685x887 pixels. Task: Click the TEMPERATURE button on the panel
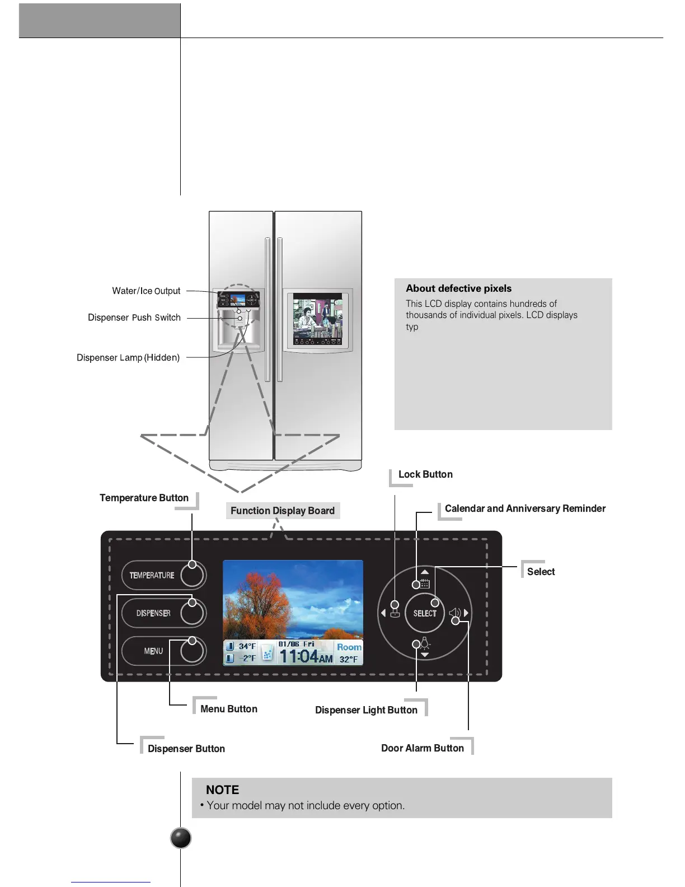coord(163,575)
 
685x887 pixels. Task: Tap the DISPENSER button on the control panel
coord(163,613)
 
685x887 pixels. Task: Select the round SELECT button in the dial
coord(425,613)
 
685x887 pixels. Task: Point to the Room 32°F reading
coord(349,653)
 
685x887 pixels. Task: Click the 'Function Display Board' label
coord(283,511)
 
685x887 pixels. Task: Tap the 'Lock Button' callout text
coord(425,474)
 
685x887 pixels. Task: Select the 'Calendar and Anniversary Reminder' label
coord(525,508)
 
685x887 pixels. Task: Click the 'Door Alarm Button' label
coord(423,748)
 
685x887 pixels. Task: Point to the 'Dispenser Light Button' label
coord(366,710)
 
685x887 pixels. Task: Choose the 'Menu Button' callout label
coord(229,709)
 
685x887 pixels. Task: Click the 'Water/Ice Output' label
coord(146,291)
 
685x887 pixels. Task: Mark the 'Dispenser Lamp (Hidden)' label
coord(128,358)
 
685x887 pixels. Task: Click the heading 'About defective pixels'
coord(459,288)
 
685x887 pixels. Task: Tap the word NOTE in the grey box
coord(222,790)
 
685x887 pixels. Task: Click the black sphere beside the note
coord(180,838)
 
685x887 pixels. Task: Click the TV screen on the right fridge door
coord(317,319)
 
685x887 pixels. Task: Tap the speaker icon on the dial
coord(455,614)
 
